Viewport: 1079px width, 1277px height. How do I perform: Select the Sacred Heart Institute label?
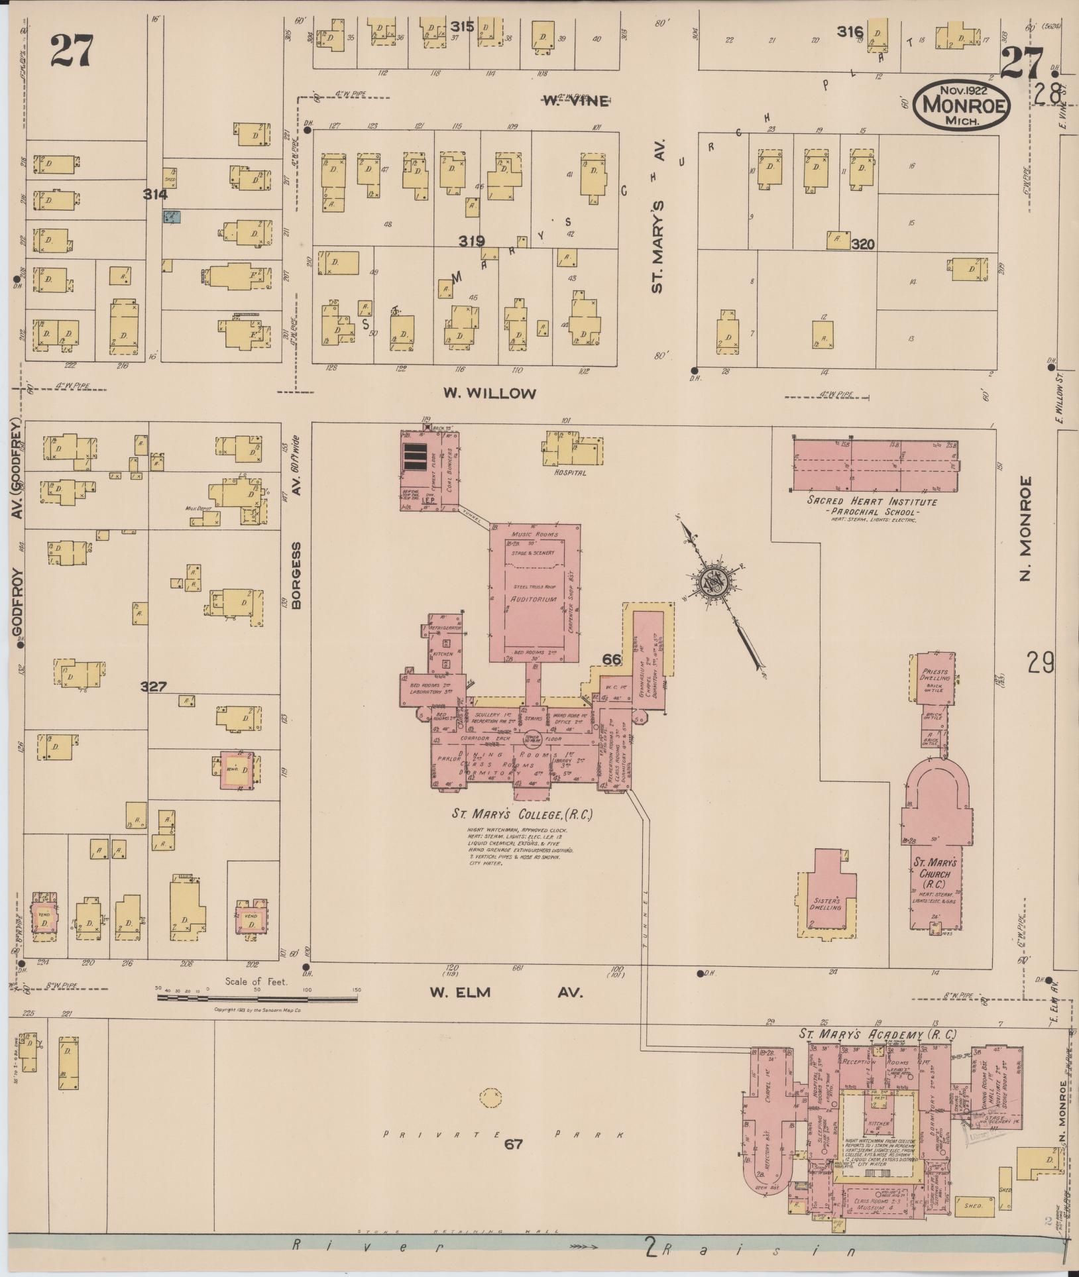point(872,502)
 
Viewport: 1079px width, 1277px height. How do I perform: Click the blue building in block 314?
point(172,216)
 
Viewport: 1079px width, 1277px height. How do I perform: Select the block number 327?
point(153,687)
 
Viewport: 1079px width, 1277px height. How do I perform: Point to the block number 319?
point(471,241)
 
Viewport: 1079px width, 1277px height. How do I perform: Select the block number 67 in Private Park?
point(514,1143)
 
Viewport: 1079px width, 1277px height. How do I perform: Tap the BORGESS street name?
point(296,575)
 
